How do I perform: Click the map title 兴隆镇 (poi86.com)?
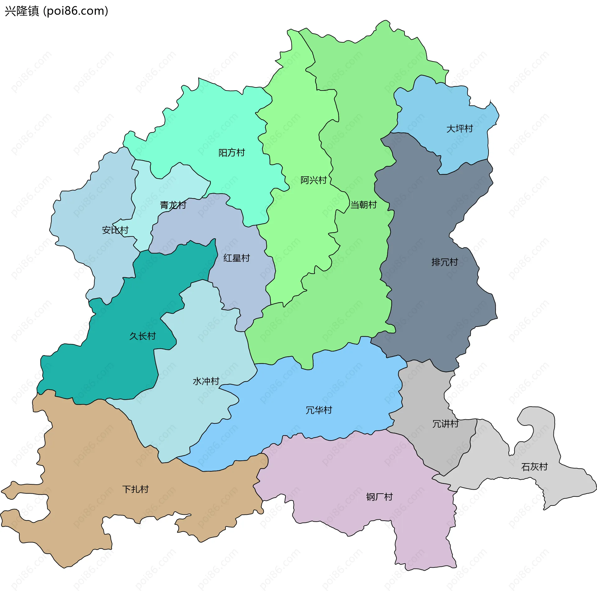(x=56, y=11)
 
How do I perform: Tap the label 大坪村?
(x=459, y=128)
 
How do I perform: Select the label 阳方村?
(x=231, y=153)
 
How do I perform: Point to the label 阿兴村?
(x=313, y=180)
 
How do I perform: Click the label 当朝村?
(x=363, y=205)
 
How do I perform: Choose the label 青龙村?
(x=173, y=205)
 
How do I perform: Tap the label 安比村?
(x=115, y=230)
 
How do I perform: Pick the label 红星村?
(x=236, y=258)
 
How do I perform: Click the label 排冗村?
(x=444, y=262)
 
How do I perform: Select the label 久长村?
(x=142, y=336)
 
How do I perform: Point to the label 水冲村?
(x=206, y=381)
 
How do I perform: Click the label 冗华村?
(x=319, y=410)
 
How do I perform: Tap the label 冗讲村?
(x=445, y=424)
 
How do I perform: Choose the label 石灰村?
(x=534, y=467)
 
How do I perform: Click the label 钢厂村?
(x=379, y=497)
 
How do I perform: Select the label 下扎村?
(x=135, y=489)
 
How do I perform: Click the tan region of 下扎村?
(x=93, y=451)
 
